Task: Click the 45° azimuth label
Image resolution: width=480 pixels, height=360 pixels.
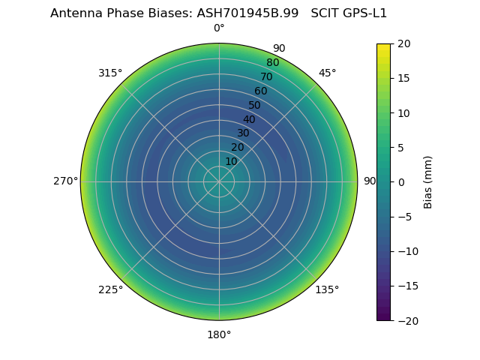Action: pos(327,73)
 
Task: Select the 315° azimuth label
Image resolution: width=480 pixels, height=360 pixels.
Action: pos(110,73)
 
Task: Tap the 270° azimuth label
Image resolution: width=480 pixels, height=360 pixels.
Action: pos(65,181)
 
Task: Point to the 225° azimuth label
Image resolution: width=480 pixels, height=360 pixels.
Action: pos(110,289)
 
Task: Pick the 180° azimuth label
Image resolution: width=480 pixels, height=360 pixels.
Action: pos(219,334)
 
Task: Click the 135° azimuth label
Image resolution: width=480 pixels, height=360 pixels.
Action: pos(327,289)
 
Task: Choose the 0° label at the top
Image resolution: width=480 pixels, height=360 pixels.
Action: pos(219,28)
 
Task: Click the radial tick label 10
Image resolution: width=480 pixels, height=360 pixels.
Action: pos(232,161)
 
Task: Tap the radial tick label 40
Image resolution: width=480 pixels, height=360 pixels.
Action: pos(249,119)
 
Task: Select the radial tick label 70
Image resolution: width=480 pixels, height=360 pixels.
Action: pos(267,76)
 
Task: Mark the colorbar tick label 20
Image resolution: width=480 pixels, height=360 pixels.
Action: pos(403,43)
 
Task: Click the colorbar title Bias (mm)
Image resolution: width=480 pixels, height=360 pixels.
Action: pos(428,182)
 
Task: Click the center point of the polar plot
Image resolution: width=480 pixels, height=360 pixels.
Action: pos(219,181)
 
